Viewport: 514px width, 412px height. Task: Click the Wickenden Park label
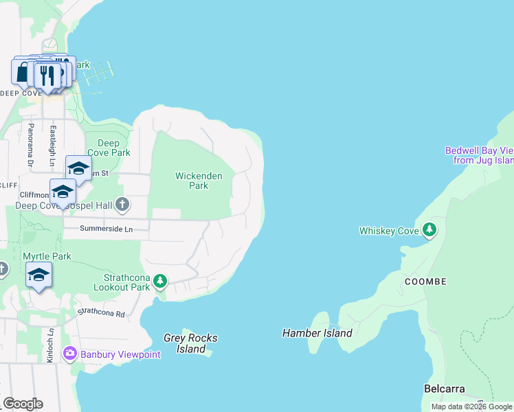pos(199,181)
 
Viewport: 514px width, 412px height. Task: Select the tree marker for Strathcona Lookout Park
pos(160,281)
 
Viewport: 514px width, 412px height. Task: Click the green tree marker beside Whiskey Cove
pos(429,230)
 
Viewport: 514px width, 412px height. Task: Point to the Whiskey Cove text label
pos(388,231)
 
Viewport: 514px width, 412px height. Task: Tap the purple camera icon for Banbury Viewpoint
pos(69,354)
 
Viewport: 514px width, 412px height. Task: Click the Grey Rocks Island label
pos(190,343)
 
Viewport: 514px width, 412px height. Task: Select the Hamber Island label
pos(317,333)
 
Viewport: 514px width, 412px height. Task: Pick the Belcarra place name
pos(444,389)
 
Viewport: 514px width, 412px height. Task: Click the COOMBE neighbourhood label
pos(425,282)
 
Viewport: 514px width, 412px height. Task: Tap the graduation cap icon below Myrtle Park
pos(38,275)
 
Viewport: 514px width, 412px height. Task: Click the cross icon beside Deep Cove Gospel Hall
pos(122,203)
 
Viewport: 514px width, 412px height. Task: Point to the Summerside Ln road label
pos(105,228)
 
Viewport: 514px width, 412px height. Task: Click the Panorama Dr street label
pos(30,145)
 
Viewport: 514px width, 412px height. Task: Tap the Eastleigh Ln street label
pos(52,145)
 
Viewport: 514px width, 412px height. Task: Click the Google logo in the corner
pos(23,404)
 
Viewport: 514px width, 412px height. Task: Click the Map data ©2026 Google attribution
pos(471,407)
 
